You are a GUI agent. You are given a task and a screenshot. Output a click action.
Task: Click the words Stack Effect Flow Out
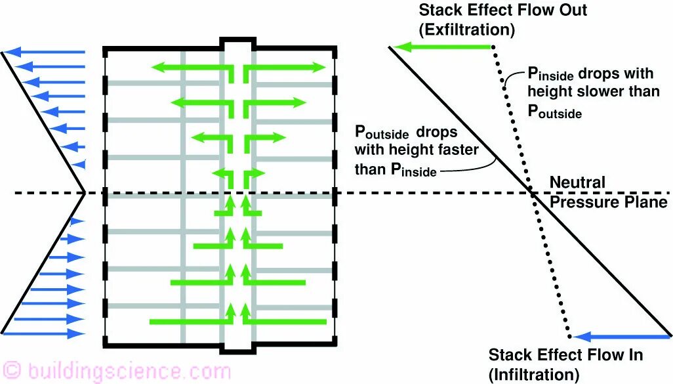pos(502,11)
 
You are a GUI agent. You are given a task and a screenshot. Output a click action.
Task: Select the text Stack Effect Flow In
pos(565,355)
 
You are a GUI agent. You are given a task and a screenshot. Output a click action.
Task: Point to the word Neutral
pos(577,182)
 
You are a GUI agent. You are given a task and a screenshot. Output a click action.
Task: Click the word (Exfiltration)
pos(467,30)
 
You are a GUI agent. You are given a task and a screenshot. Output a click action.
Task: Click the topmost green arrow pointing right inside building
pos(285,68)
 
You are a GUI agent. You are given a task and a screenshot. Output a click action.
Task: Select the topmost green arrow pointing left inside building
pos(190,67)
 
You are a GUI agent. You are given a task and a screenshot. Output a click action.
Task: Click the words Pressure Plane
pos(608,202)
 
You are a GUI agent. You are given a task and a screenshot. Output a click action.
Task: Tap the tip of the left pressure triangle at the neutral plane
pos(85,193)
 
